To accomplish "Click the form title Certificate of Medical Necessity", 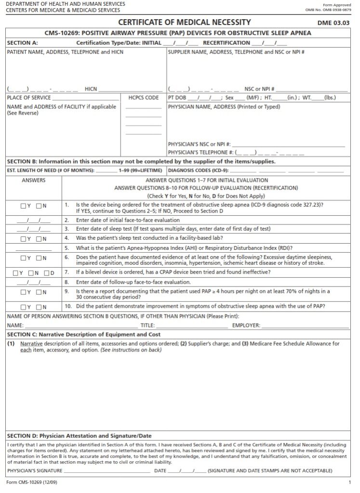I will pos(185,22).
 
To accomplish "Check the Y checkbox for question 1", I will pos(23,206).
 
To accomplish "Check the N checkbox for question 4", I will pos(39,238).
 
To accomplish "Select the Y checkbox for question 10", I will pos(23,307).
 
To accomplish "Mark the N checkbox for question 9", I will pos(39,292).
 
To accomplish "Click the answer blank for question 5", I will pos(33,248).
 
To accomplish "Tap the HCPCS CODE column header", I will pos(143,98).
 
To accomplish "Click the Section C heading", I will pos(83,334).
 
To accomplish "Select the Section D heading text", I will pos(79,435).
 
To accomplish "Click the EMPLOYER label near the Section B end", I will pos(246,325).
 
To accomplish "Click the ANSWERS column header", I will pos(33,180).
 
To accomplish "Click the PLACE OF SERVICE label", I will pos(28,98).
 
